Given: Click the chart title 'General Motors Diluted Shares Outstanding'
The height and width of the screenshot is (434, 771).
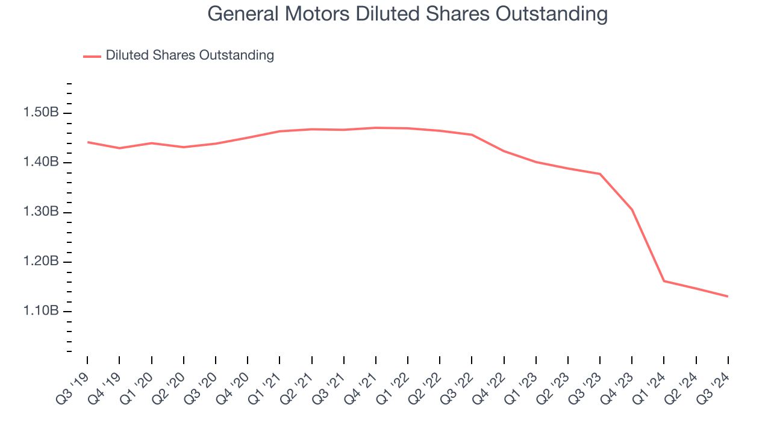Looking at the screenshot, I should [407, 14].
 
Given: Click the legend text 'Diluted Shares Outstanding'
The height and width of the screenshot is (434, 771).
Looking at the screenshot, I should [190, 55].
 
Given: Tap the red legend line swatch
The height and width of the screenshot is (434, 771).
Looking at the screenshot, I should [92, 56].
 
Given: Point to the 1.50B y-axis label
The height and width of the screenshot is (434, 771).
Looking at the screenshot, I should [41, 113].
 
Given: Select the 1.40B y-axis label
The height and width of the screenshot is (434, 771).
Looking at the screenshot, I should [41, 162].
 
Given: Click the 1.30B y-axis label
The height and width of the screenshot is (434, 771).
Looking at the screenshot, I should [41, 212].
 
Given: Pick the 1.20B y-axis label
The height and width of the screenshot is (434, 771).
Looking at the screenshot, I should [41, 262].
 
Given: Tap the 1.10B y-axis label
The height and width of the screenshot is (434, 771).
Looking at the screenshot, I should [41, 311].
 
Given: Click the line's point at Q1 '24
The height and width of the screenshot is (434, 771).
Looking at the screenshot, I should [664, 281].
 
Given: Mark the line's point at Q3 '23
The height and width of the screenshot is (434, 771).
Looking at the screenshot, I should [600, 174].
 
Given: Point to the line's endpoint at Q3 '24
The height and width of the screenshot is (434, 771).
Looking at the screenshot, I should [728, 296].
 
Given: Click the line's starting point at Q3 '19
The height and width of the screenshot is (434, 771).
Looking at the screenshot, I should [88, 142].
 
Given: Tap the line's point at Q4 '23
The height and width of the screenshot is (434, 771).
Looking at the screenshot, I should [632, 210].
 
